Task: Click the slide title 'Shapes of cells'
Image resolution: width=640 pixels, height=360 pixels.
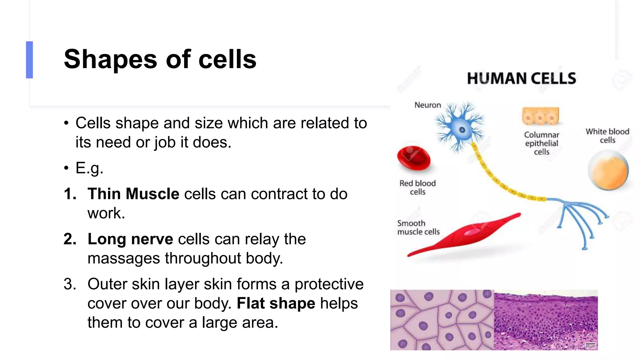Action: (x=160, y=59)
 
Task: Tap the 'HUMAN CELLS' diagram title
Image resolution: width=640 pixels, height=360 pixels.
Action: (x=521, y=78)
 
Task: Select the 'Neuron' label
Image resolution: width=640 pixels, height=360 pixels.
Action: (x=427, y=105)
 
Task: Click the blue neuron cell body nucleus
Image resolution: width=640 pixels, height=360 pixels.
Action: (x=462, y=130)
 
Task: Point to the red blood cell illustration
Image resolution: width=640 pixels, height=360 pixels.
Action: (x=414, y=158)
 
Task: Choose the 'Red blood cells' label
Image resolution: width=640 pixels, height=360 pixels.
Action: (x=417, y=187)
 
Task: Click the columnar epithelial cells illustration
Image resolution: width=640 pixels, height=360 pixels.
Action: (x=540, y=116)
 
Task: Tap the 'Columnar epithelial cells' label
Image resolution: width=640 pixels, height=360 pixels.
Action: (x=542, y=143)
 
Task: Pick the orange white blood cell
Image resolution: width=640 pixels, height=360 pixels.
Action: (x=608, y=170)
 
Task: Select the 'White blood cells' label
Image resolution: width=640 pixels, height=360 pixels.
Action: (x=607, y=136)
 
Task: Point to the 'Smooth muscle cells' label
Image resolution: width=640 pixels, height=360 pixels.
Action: (x=418, y=227)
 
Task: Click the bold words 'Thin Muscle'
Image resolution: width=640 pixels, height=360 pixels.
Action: (x=133, y=194)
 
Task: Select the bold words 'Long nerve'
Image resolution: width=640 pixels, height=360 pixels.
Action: (x=130, y=239)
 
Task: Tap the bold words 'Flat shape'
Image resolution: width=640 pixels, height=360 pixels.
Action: (x=276, y=303)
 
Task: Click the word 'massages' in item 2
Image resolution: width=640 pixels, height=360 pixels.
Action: (x=124, y=258)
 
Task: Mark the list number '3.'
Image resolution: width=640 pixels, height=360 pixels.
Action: (x=70, y=284)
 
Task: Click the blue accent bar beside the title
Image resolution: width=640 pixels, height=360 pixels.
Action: (x=29, y=60)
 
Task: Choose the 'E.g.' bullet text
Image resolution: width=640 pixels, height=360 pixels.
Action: (x=89, y=168)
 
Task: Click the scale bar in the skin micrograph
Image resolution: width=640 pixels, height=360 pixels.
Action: (x=590, y=346)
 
